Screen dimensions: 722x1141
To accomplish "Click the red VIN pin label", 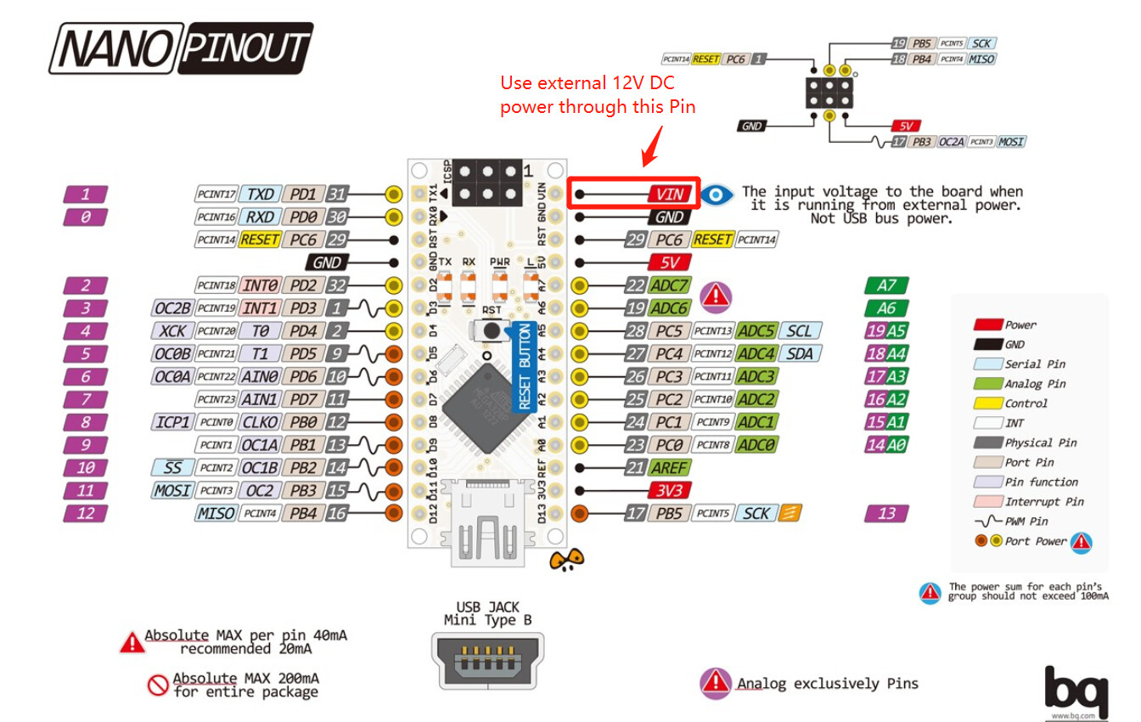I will pyautogui.click(x=670, y=194).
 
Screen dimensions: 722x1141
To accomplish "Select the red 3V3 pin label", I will pyautogui.click(x=670, y=490).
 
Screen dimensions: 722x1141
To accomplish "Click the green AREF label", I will pyautogui.click(x=670, y=467).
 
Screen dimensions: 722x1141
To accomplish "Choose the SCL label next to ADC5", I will pyautogui.click(x=799, y=330).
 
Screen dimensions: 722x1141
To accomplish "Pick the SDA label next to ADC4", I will pyautogui.click(x=799, y=353).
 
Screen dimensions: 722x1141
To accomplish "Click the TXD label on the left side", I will pyautogui.click(x=260, y=194).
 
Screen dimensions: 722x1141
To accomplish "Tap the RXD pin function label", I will pyautogui.click(x=260, y=217).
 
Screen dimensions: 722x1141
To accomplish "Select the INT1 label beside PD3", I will pyautogui.click(x=260, y=307).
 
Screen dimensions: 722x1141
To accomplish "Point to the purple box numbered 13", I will pyautogui.click(x=886, y=513).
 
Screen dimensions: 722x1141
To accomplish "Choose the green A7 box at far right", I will pyautogui.click(x=886, y=285).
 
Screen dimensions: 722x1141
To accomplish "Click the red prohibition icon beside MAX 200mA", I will pyautogui.click(x=158, y=685).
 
